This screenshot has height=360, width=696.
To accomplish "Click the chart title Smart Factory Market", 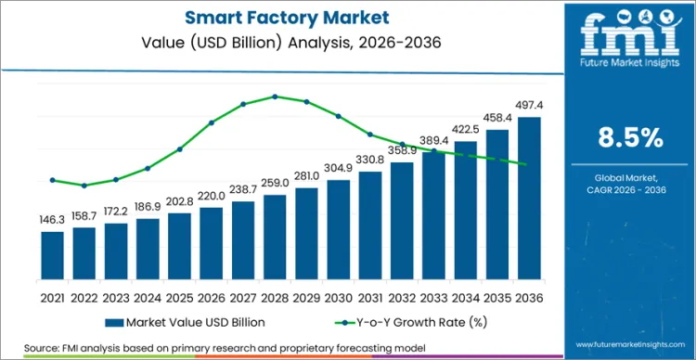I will [283, 19].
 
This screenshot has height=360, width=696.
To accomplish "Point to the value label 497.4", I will [529, 107].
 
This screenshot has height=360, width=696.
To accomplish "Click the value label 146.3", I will [53, 221].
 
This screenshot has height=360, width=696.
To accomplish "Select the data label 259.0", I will [275, 184].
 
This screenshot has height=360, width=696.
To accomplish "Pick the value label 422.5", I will [466, 131].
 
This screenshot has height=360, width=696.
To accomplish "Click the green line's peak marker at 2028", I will [275, 96].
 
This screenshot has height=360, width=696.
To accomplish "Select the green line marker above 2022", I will [84, 186].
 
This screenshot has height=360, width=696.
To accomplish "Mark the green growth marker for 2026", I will [212, 122].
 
